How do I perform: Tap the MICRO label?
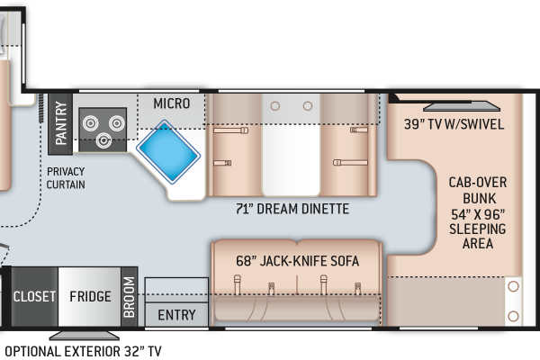[171, 103]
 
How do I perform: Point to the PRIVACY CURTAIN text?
[66, 178]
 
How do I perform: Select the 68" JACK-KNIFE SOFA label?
[298, 261]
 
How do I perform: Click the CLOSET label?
[34, 297]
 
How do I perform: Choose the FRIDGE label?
[91, 297]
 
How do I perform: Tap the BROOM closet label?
[128, 297]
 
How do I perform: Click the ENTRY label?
[176, 315]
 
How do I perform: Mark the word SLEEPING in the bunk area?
[477, 229]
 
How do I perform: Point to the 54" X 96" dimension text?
[477, 213]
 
